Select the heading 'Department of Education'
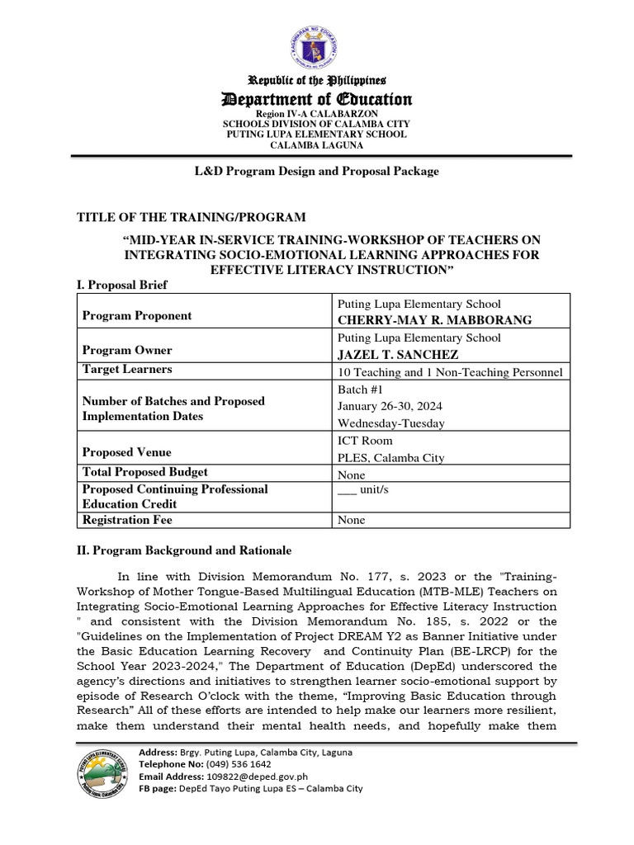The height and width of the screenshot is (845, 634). pyautogui.click(x=318, y=100)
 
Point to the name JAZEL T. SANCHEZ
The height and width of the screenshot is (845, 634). pyautogui.click(x=398, y=354)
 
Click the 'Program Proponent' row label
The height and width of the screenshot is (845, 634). pyautogui.click(x=137, y=315)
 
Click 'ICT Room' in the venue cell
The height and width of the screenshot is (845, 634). pyautogui.click(x=365, y=441)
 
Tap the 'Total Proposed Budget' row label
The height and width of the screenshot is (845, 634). pyautogui.click(x=145, y=472)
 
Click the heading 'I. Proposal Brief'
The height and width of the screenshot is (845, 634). pyautogui.click(x=121, y=285)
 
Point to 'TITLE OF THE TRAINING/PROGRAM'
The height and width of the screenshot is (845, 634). pyautogui.click(x=192, y=217)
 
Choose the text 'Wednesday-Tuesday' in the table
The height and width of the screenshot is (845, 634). pyautogui.click(x=390, y=423)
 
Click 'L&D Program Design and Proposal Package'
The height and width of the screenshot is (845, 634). pyautogui.click(x=317, y=171)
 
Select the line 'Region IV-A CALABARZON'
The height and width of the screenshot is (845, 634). pyautogui.click(x=317, y=113)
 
